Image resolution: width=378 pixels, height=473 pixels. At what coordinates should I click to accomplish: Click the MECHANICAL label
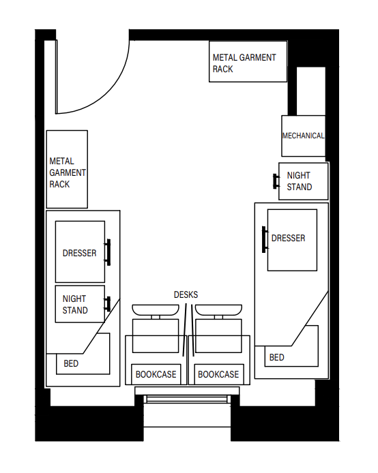coord(303,136)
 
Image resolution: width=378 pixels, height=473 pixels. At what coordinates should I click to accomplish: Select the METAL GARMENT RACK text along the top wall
coord(244,63)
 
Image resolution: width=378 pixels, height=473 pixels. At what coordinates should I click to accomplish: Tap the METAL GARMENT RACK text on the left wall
coord(67,173)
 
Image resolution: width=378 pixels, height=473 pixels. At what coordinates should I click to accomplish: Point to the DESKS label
coord(186,294)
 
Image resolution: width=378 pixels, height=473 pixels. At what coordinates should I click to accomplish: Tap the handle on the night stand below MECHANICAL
coord(276,181)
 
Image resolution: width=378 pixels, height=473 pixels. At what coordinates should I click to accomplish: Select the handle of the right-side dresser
coord(264,239)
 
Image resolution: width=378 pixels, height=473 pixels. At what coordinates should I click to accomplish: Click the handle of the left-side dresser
coord(107,252)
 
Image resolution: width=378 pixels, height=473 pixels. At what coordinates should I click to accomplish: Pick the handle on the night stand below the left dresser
coord(107,303)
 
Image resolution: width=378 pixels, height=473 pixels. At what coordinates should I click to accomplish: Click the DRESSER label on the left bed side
coord(79,253)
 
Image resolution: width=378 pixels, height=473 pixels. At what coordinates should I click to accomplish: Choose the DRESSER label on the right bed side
coord(288,239)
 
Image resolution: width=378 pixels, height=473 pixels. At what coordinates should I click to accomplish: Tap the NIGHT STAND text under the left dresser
coord(75,305)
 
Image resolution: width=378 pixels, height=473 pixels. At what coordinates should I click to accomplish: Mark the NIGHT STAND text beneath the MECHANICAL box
coord(300,181)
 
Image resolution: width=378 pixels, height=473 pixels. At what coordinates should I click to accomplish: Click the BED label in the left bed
coord(71,364)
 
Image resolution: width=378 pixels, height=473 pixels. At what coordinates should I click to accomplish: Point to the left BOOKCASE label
coord(156,374)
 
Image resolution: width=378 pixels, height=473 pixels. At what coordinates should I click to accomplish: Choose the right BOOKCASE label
coord(218,374)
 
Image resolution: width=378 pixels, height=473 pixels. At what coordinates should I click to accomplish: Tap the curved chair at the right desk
coord(218,310)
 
